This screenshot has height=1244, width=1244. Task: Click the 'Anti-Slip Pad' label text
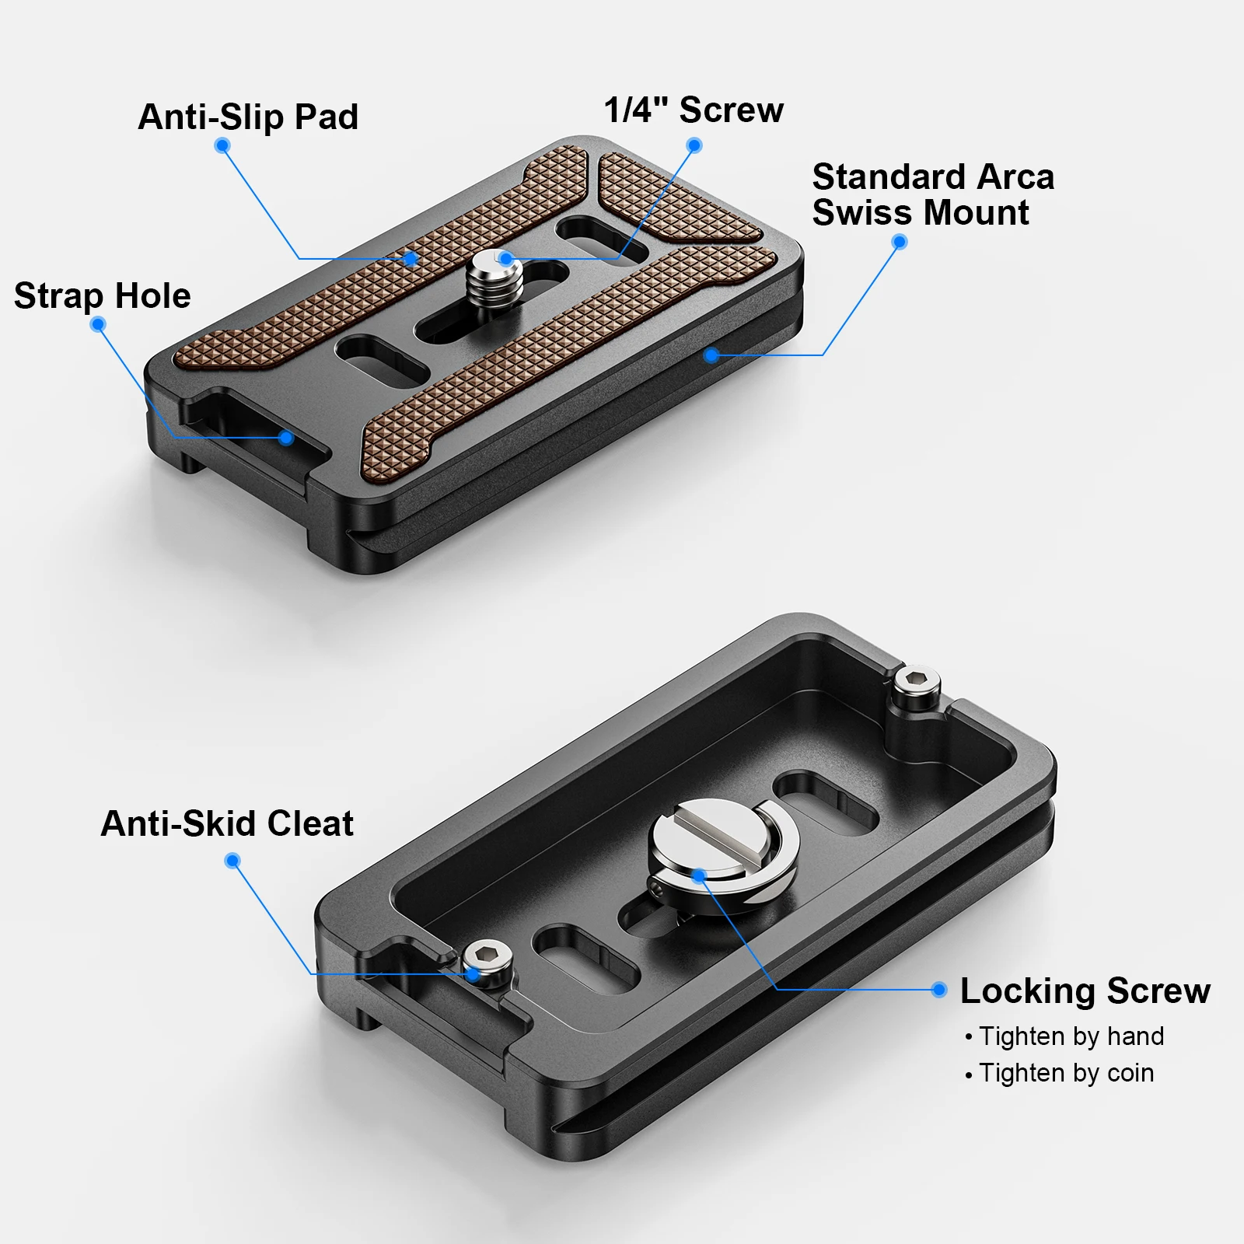[248, 117]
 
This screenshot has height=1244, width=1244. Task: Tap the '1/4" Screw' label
[694, 110]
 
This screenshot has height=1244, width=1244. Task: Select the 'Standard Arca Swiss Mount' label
[933, 194]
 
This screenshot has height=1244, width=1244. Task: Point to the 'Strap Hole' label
[103, 296]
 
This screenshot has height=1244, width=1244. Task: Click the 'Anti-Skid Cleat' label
[227, 823]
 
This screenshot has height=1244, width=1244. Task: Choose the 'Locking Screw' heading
[1085, 991]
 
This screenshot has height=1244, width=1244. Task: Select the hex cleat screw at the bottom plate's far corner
[917, 690]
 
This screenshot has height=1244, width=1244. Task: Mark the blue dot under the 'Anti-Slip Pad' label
[222, 145]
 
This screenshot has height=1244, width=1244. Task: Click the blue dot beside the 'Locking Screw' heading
[939, 990]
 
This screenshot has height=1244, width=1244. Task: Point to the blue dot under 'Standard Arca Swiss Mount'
[900, 242]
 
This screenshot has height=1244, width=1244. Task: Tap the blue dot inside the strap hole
[286, 438]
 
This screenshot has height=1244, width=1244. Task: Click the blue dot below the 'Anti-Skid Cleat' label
[232, 861]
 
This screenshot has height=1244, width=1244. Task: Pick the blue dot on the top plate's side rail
[711, 355]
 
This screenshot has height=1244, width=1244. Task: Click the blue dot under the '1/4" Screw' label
[695, 145]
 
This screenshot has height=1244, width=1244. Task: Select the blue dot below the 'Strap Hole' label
[98, 324]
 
